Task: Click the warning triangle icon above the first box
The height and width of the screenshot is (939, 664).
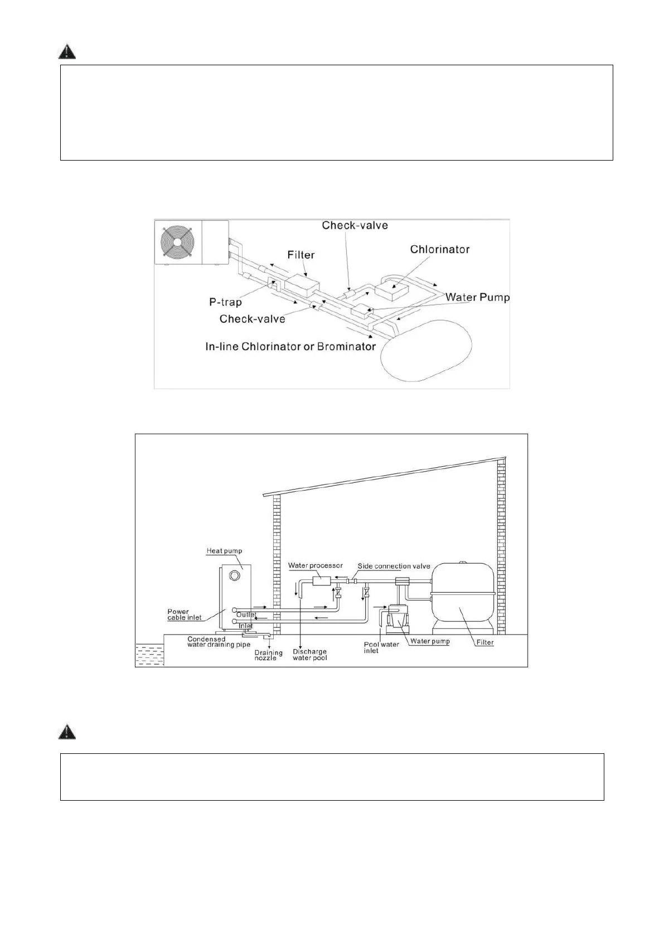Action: pos(67,52)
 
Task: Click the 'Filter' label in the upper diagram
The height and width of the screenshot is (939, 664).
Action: pos(301,255)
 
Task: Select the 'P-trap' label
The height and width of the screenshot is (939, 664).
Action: pos(225,302)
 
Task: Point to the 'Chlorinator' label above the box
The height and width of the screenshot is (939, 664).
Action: pos(440,249)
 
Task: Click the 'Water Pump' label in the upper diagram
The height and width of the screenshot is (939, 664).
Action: pos(477,297)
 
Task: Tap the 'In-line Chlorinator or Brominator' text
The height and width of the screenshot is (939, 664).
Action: pos(290,347)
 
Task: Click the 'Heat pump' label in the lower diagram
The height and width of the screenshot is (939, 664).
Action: pos(224,551)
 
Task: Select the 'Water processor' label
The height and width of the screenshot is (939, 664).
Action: pos(315,565)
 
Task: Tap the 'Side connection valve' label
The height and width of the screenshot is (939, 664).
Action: pos(394,566)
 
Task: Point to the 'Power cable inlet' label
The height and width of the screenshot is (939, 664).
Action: pos(184,614)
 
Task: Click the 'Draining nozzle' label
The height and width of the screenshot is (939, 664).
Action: pos(268,655)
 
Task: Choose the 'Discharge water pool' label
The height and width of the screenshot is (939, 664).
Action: pos(309,655)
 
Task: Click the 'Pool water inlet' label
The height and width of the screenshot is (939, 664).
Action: pos(381,647)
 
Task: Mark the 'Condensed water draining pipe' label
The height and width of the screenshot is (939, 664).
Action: pos(218,642)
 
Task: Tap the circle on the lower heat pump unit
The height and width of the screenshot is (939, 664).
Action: pos(235,575)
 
